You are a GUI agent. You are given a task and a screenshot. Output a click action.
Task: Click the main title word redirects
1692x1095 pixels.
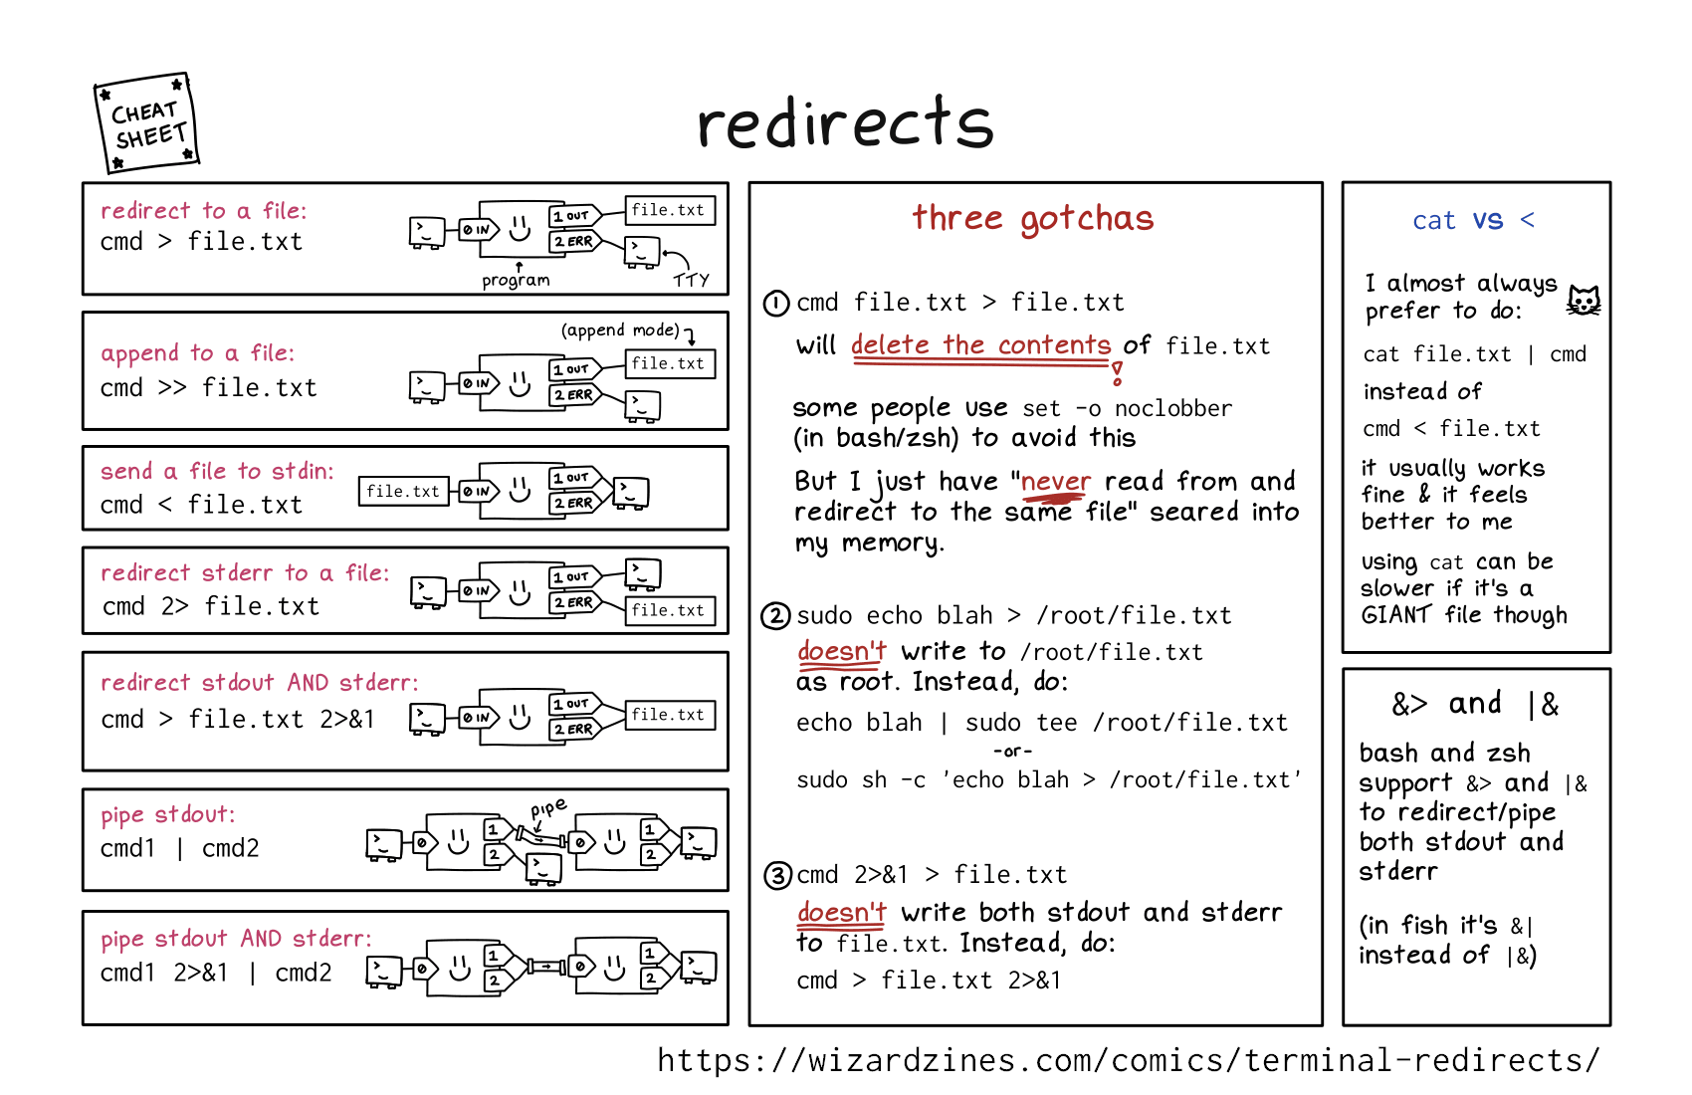tap(845, 123)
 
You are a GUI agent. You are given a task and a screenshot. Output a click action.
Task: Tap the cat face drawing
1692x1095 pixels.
tap(1584, 300)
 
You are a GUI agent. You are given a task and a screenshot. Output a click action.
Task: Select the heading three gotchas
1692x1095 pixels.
tap(1033, 218)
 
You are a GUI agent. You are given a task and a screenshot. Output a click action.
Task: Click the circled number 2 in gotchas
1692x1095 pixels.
tap(776, 616)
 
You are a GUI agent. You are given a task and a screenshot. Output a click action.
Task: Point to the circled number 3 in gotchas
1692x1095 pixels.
tap(777, 876)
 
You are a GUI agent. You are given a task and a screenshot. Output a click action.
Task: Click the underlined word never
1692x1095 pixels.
tap(1056, 482)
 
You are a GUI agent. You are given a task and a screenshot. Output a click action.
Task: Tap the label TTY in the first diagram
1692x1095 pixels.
tap(691, 280)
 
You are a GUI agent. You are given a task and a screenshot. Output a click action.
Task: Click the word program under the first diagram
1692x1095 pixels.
tap(516, 280)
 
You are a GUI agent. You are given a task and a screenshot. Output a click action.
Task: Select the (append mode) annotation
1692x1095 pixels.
tap(620, 330)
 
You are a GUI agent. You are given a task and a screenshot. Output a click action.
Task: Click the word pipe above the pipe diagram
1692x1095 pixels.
tap(548, 807)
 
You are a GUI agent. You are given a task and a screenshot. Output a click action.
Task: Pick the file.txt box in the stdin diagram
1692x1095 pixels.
tap(402, 491)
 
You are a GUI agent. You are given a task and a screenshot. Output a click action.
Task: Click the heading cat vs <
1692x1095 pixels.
tap(1473, 220)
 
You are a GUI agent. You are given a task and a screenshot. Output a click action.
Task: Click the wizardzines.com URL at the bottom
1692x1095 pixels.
tap(1128, 1060)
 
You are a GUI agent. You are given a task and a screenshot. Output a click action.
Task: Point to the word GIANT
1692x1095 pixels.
tap(1395, 615)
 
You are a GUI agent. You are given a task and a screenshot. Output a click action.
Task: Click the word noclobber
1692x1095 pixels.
tap(1172, 408)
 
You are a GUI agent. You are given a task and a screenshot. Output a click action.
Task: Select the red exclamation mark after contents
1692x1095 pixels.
tap(1118, 373)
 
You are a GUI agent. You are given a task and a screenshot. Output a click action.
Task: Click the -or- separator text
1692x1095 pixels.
tap(1012, 751)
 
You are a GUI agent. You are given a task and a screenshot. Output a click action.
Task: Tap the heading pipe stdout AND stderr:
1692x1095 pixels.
tap(236, 938)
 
